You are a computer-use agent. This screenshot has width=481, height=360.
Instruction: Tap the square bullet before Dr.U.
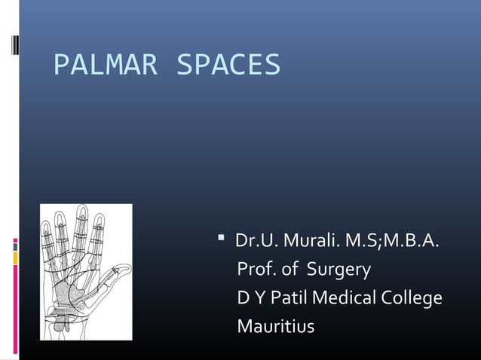coord(222,240)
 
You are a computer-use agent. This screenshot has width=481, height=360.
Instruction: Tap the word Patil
coord(288,298)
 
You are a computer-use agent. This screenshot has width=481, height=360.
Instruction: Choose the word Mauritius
coord(275,327)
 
